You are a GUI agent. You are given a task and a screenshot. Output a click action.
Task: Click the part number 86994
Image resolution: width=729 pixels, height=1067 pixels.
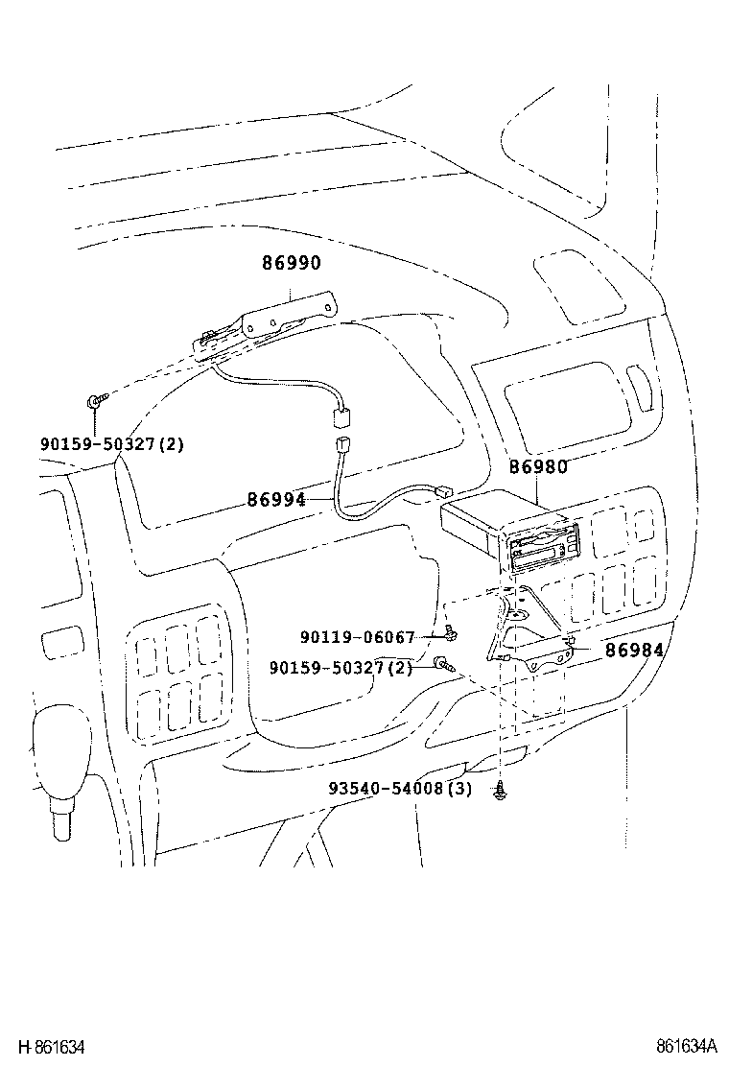click(276, 499)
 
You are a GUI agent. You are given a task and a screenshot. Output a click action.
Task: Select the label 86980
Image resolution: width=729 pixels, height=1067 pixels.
click(538, 467)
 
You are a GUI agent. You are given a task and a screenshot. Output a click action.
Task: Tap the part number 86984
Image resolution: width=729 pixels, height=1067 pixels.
click(634, 650)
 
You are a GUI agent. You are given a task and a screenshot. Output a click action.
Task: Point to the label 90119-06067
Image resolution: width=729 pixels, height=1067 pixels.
click(357, 637)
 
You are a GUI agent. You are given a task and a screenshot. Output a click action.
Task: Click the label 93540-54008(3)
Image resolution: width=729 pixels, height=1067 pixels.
click(400, 789)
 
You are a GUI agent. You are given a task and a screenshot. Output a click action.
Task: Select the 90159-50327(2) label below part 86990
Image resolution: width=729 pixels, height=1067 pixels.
click(111, 443)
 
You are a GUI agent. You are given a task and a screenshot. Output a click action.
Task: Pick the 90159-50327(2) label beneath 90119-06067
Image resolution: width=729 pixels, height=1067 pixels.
click(340, 667)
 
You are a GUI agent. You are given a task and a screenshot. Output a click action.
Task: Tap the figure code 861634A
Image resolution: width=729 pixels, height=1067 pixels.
click(687, 1046)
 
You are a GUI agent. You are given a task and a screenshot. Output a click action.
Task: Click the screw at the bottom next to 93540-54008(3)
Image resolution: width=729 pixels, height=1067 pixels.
click(502, 790)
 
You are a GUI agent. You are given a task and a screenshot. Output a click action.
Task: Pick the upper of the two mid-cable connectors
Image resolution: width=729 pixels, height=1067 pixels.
click(340, 418)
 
